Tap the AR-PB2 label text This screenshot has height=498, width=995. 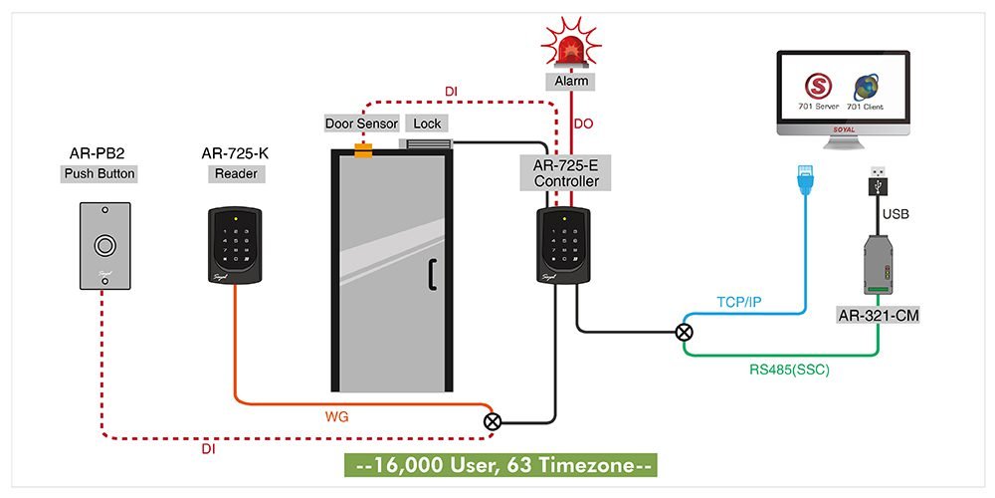click(x=99, y=153)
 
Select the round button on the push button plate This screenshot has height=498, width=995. click(x=103, y=245)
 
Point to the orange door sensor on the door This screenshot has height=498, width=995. click(x=363, y=150)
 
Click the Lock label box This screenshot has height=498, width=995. click(x=427, y=124)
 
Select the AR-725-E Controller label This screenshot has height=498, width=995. click(x=566, y=173)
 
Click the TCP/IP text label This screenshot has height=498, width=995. click(x=740, y=301)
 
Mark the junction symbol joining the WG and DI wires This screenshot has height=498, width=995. click(x=492, y=421)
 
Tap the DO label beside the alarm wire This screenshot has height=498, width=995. click(x=586, y=124)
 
